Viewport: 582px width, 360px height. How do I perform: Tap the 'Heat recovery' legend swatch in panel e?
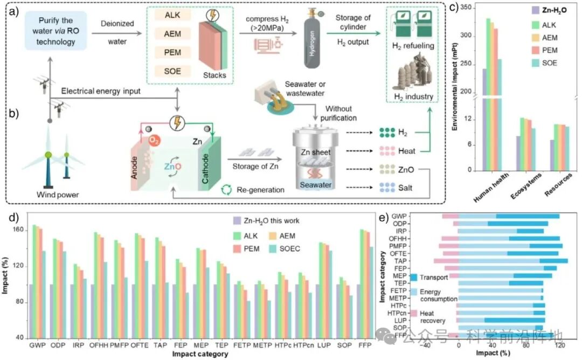[414, 314]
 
